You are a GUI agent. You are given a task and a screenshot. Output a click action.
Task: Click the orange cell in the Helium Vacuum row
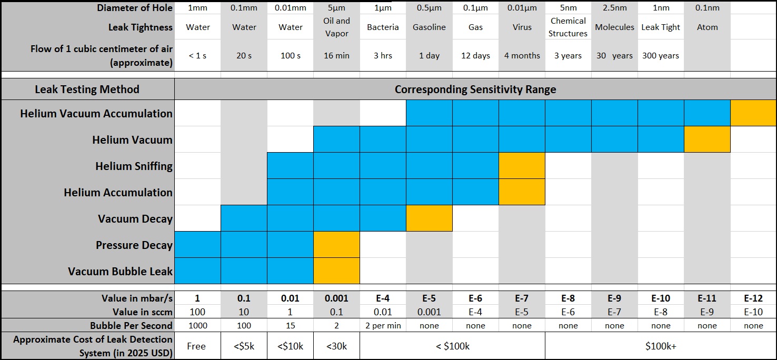tap(707, 139)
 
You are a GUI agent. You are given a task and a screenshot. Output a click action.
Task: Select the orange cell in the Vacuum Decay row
tap(429, 218)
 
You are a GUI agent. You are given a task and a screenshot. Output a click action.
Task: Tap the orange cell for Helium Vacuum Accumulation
tap(753, 113)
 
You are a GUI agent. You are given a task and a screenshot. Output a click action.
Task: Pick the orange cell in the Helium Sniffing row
tap(522, 166)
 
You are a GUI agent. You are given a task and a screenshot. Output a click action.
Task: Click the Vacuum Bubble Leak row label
tap(120, 272)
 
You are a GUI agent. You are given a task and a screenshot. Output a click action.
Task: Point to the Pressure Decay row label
tap(134, 245)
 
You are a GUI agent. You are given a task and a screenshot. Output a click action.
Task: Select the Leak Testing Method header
tap(87, 89)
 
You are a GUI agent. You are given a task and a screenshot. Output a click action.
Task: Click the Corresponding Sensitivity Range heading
tap(475, 89)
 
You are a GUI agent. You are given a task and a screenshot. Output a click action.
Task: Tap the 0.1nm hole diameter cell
tap(707, 8)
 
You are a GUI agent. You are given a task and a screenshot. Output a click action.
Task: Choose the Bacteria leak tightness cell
tap(383, 27)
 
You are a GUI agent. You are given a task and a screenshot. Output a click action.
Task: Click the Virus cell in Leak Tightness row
tap(522, 27)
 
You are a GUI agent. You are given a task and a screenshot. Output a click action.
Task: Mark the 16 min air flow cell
tap(336, 55)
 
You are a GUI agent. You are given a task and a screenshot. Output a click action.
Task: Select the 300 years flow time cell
tap(661, 55)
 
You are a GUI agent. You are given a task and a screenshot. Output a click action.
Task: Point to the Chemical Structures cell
tap(568, 27)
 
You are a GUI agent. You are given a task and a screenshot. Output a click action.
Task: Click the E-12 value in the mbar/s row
tap(753, 298)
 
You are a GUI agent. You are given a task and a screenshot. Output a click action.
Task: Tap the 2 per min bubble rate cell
tap(383, 325)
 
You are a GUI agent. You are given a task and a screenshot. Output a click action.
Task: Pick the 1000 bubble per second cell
tap(198, 325)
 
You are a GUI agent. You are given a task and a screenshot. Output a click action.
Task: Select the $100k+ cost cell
tap(661, 346)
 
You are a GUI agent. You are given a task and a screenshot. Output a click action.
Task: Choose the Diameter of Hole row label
tap(135, 8)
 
